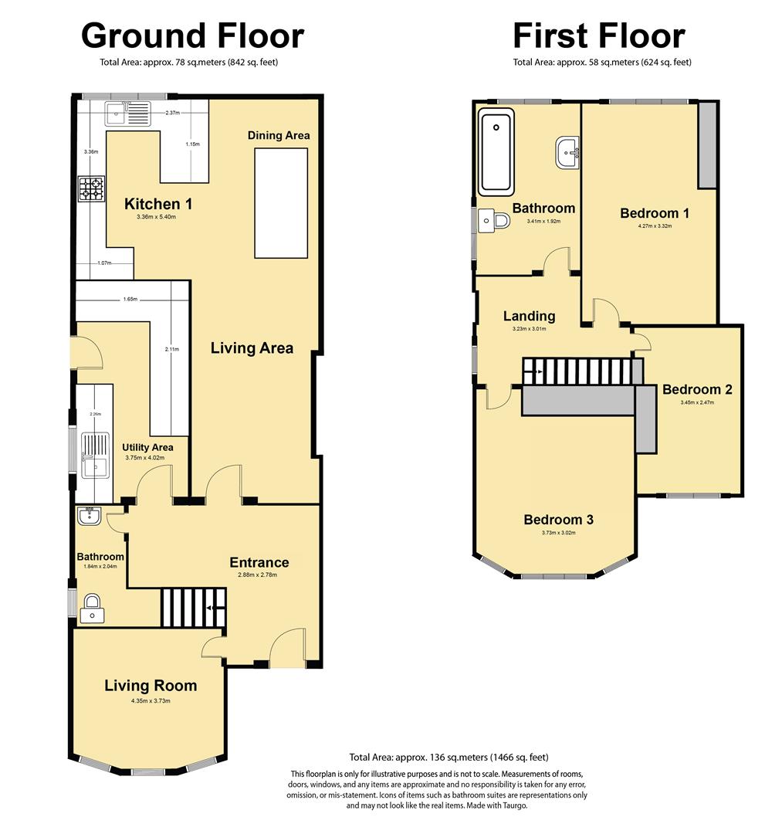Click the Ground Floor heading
192,36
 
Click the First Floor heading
599,36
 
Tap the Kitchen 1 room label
158,204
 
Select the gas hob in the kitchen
91,189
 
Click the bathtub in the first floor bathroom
496,152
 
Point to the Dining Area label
279,135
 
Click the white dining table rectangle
281,203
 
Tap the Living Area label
252,347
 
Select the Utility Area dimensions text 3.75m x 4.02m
144,457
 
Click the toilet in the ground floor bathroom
93,609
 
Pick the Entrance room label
259,562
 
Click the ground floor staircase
194,607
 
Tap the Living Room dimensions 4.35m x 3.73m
151,700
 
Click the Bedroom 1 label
655,213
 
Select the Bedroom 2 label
697,389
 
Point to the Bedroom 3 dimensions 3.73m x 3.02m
559,532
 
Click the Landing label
530,317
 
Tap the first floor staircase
583,371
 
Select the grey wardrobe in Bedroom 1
707,144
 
